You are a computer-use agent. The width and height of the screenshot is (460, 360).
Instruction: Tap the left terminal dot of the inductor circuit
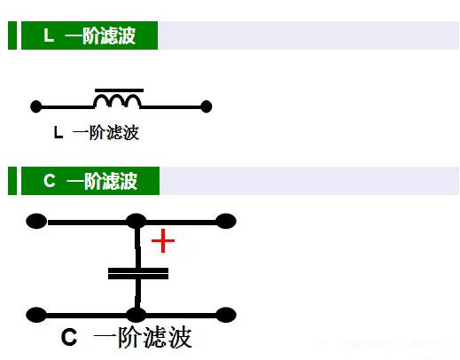tap(36, 106)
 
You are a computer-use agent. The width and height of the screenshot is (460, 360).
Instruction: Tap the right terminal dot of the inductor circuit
tap(207, 106)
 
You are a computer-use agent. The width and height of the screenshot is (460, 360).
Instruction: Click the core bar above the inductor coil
tap(119, 90)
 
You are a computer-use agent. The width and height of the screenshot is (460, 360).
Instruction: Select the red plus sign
tap(163, 240)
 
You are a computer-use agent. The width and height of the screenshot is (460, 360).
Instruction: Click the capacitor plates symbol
tap(138, 273)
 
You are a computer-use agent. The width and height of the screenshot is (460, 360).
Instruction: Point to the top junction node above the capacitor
tap(136, 221)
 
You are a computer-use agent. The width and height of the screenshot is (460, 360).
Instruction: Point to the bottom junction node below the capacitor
tap(136, 315)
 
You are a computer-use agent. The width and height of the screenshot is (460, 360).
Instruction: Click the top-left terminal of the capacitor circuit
tap(36, 221)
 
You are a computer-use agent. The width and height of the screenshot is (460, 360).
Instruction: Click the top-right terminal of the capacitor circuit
tap(226, 221)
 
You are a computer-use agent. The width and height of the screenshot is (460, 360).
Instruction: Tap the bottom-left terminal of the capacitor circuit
tap(36, 315)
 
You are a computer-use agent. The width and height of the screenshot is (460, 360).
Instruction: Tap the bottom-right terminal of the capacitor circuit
tap(226, 315)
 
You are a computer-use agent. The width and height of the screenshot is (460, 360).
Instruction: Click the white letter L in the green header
tap(49, 35)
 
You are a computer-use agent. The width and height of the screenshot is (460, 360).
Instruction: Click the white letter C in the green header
tap(50, 180)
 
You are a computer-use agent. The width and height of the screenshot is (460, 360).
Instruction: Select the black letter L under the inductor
tap(58, 132)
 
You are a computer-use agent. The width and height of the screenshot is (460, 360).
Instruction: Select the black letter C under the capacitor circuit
tap(69, 337)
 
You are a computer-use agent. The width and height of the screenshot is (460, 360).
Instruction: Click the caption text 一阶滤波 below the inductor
tap(105, 132)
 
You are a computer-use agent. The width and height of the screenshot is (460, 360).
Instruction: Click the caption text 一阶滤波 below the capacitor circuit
tap(143, 337)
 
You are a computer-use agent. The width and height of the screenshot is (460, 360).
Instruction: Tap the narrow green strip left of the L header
tap(12, 35)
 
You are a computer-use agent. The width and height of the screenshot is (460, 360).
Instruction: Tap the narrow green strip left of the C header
tap(12, 181)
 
